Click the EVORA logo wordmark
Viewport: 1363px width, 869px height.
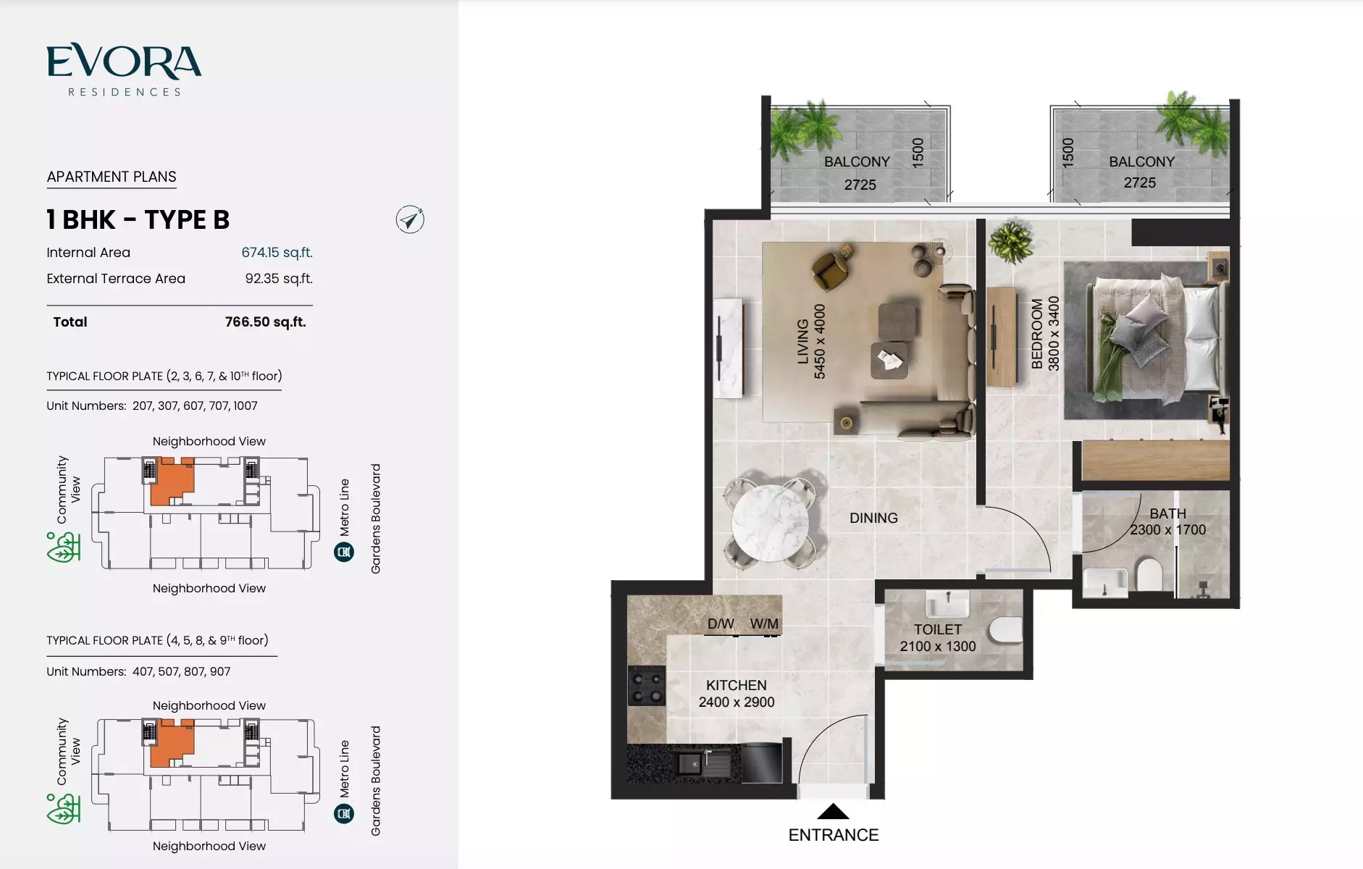(124, 62)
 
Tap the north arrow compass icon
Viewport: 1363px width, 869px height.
(410, 219)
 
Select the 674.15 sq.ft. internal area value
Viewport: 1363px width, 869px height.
(277, 252)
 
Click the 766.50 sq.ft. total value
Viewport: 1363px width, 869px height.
(265, 322)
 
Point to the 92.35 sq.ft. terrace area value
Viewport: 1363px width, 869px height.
(279, 278)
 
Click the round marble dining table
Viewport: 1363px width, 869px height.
(770, 522)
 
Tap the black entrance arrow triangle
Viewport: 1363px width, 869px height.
(833, 811)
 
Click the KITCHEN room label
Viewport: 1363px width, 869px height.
(736, 685)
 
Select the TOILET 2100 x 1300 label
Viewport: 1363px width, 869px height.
(937, 637)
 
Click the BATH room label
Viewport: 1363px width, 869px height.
(1167, 513)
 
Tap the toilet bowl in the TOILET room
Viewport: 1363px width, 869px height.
(1005, 629)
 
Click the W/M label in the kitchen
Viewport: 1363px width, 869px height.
(764, 624)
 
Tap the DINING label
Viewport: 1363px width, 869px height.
(873, 518)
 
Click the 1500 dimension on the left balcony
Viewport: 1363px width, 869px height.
(918, 153)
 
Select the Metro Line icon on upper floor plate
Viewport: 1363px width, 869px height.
(344, 552)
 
